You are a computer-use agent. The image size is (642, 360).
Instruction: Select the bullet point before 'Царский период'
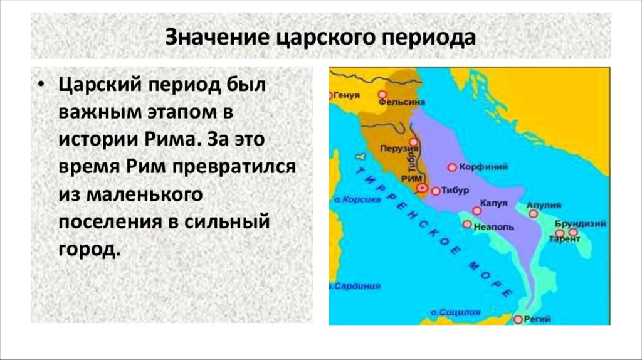[42, 85]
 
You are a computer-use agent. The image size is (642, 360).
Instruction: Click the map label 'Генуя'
[349, 96]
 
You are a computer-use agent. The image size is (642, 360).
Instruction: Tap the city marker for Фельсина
[382, 95]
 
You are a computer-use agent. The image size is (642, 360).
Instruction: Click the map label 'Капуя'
[493, 203]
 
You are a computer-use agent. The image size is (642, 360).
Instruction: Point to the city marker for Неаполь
[466, 224]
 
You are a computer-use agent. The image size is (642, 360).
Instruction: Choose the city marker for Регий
[517, 319]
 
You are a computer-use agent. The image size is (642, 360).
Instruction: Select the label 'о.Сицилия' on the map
[455, 311]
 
